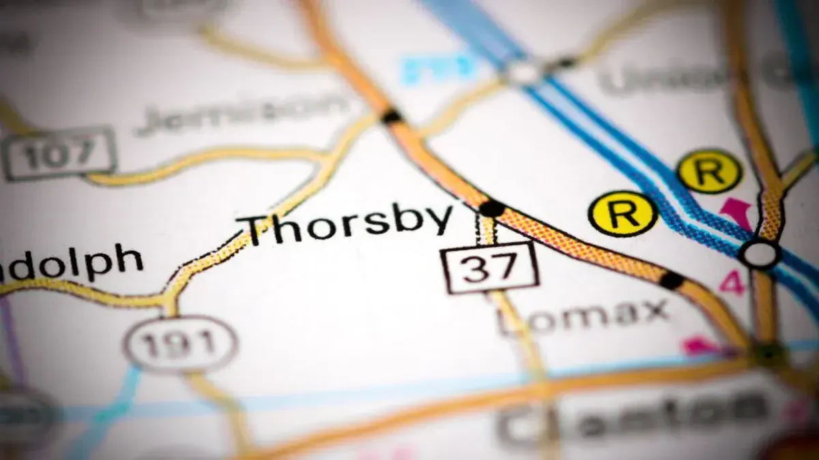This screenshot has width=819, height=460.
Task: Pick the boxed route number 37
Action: pyautogui.click(x=489, y=267)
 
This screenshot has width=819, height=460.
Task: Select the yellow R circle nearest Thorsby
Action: pyautogui.click(x=622, y=213)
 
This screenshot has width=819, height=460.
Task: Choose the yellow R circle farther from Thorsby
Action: pyautogui.click(x=709, y=170)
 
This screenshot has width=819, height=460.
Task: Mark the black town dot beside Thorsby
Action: pyautogui.click(x=491, y=208)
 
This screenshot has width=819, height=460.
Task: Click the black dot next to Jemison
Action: pyautogui.click(x=391, y=117)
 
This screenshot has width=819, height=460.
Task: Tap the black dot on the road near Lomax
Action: pyautogui.click(x=672, y=279)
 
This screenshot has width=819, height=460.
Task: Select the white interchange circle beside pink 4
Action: pyautogui.click(x=760, y=254)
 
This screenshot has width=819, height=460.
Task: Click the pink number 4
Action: pyautogui.click(x=732, y=281)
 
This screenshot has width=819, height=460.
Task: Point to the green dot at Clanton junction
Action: pyautogui.click(x=769, y=353)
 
